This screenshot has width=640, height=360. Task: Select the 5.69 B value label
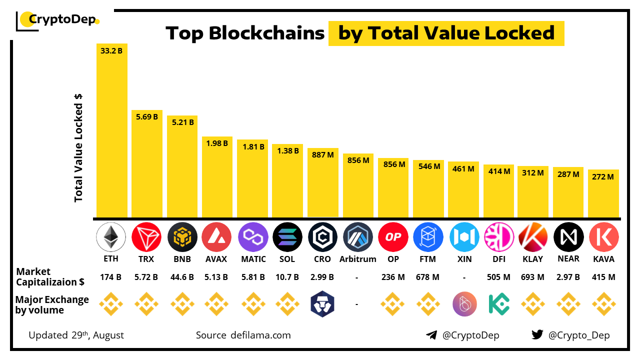tap(146, 116)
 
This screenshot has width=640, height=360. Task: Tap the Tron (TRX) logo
tap(146, 237)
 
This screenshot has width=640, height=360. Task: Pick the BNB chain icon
tap(181, 237)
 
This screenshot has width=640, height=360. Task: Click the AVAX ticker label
tap(216, 259)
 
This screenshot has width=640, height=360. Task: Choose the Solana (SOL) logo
tap(287, 237)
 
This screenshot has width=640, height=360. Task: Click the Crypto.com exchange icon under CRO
tap(322, 304)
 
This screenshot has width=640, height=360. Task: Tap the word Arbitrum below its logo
tap(357, 259)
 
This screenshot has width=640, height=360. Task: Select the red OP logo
tap(393, 237)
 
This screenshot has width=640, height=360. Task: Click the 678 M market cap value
tap(428, 277)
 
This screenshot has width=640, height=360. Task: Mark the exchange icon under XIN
tap(464, 304)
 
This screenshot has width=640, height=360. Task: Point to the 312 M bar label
tap(533, 172)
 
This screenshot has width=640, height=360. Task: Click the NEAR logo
tap(568, 237)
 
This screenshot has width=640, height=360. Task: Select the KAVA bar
tap(603, 195)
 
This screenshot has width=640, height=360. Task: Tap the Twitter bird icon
tap(537, 335)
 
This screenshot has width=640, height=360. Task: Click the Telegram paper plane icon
tap(431, 335)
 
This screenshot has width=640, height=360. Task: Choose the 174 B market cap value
tap(111, 277)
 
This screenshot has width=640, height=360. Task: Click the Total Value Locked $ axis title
tap(78, 147)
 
